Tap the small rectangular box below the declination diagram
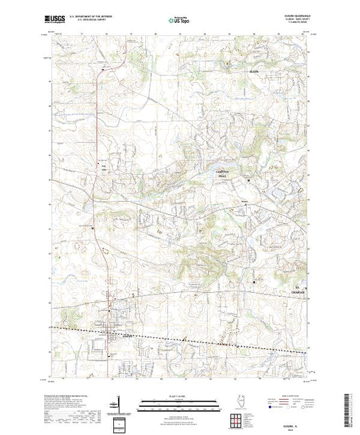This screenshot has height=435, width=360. click(x=120, y=423)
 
